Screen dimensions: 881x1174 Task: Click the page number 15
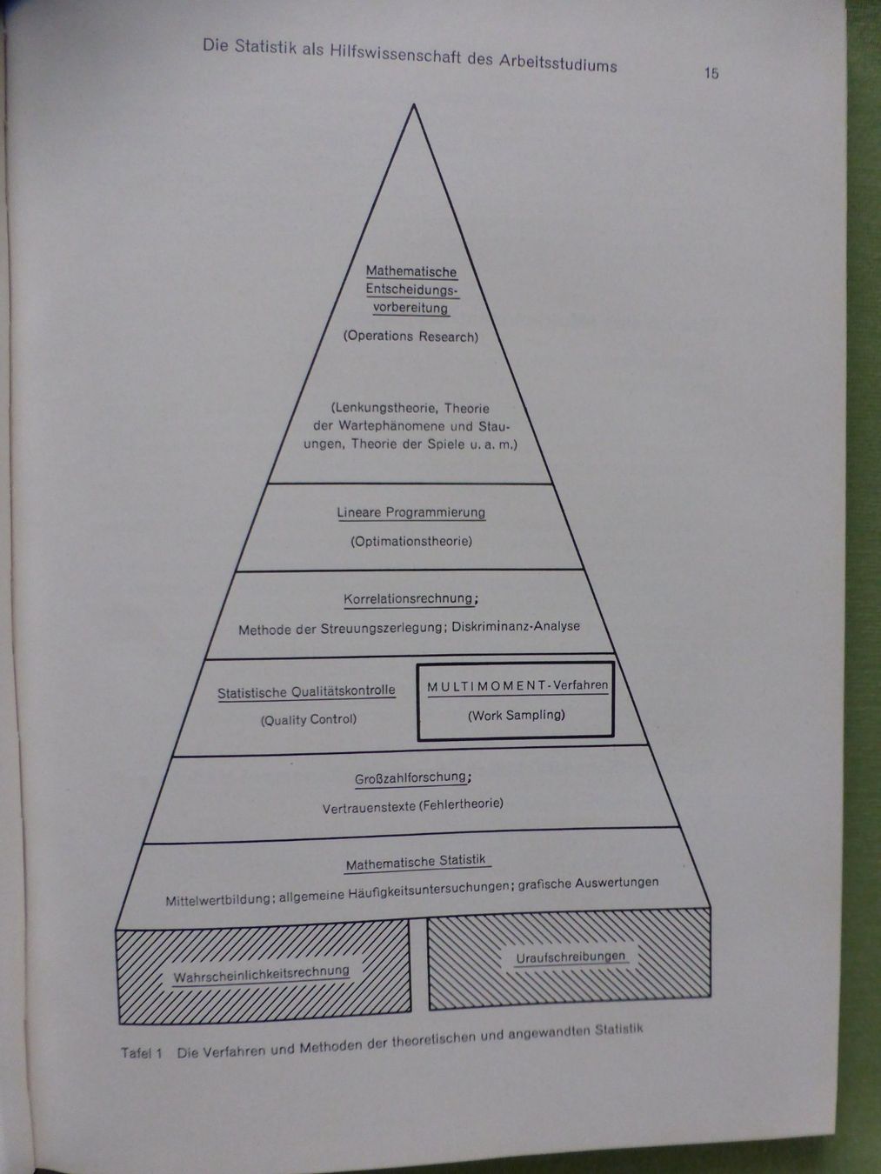(711, 73)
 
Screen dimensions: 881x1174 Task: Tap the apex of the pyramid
(413, 104)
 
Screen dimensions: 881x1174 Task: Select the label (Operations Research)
(410, 337)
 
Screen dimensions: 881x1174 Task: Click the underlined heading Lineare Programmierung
(410, 512)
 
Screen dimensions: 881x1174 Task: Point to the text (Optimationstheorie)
(411, 541)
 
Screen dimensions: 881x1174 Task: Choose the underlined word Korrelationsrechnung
(409, 599)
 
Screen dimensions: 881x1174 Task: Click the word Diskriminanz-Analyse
(516, 626)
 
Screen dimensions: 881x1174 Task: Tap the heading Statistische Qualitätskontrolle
(306, 692)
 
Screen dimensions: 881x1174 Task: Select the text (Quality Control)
(309, 720)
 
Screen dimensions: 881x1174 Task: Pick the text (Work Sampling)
(517, 715)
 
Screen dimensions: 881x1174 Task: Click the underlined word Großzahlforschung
(410, 778)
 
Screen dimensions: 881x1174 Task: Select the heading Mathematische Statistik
(416, 862)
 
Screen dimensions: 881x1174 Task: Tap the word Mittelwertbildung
(218, 899)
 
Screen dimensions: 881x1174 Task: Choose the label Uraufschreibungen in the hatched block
(571, 957)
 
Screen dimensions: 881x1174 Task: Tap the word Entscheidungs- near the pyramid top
(412, 290)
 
